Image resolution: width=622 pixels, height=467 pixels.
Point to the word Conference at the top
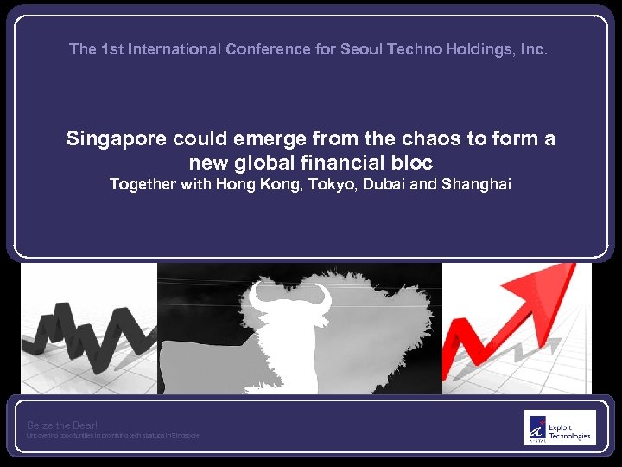266,49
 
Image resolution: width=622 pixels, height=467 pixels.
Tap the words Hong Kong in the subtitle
254,183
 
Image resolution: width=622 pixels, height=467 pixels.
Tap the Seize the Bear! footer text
62,425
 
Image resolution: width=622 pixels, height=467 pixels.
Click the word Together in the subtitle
143,183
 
